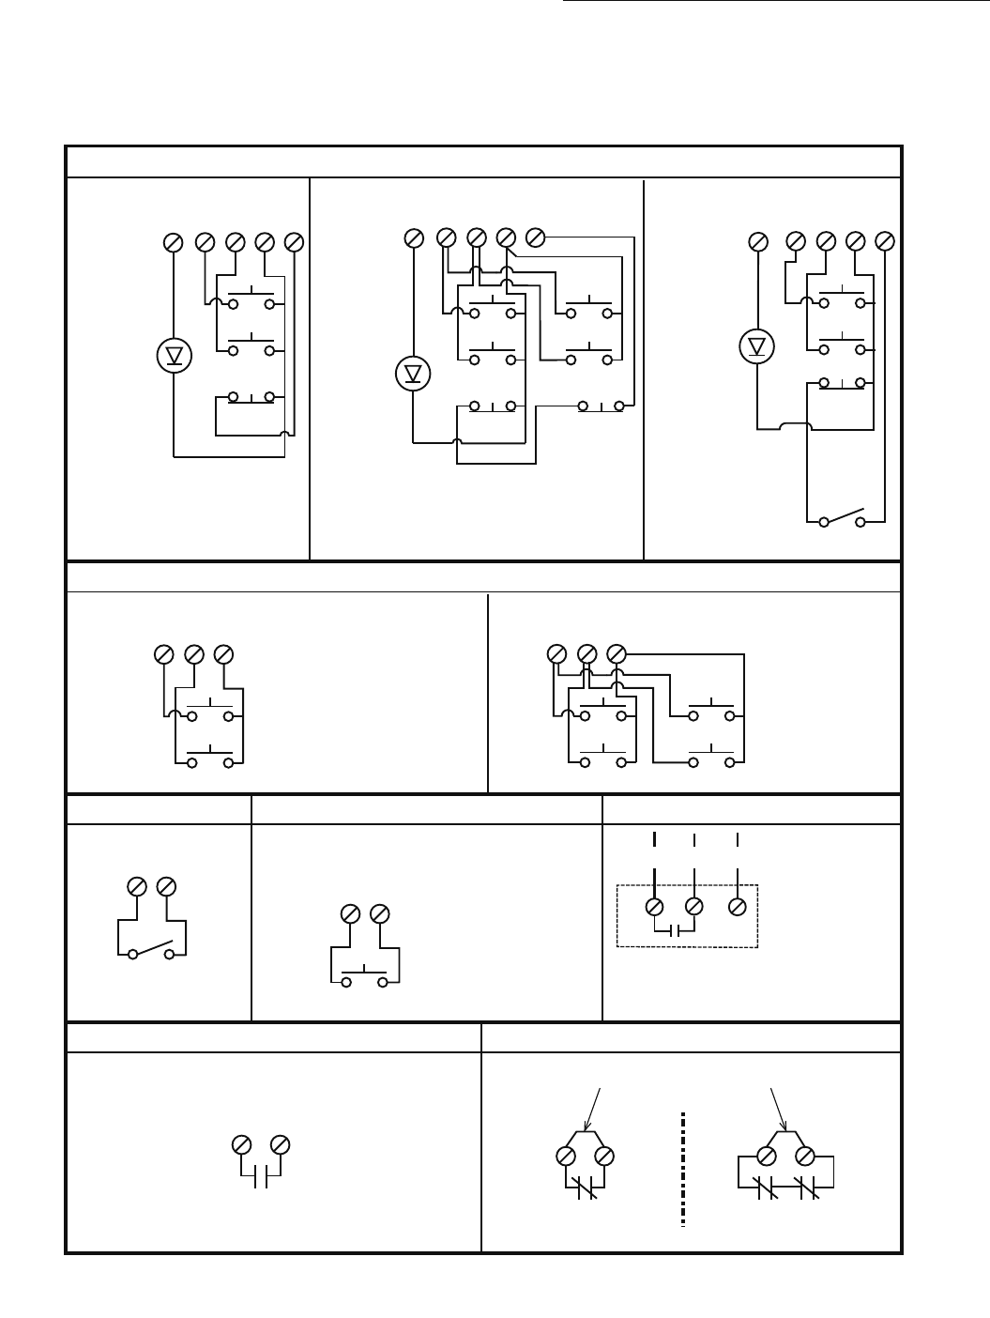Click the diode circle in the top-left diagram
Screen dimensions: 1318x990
tap(174, 356)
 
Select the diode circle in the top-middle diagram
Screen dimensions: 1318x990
tap(413, 375)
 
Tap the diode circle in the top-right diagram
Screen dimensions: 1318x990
tap(756, 346)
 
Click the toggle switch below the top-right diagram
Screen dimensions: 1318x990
tap(842, 519)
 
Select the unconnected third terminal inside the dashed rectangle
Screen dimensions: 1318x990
tap(738, 907)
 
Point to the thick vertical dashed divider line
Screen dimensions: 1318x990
tap(683, 1170)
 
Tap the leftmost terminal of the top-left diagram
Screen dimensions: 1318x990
tap(173, 242)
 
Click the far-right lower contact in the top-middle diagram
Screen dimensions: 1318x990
tap(601, 406)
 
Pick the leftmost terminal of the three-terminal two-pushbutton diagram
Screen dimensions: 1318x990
tap(162, 653)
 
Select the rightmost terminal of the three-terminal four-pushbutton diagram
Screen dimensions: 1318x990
tap(617, 652)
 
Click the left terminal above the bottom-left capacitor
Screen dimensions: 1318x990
tap(240, 1145)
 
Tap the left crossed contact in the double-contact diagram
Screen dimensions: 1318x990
tap(767, 1189)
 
